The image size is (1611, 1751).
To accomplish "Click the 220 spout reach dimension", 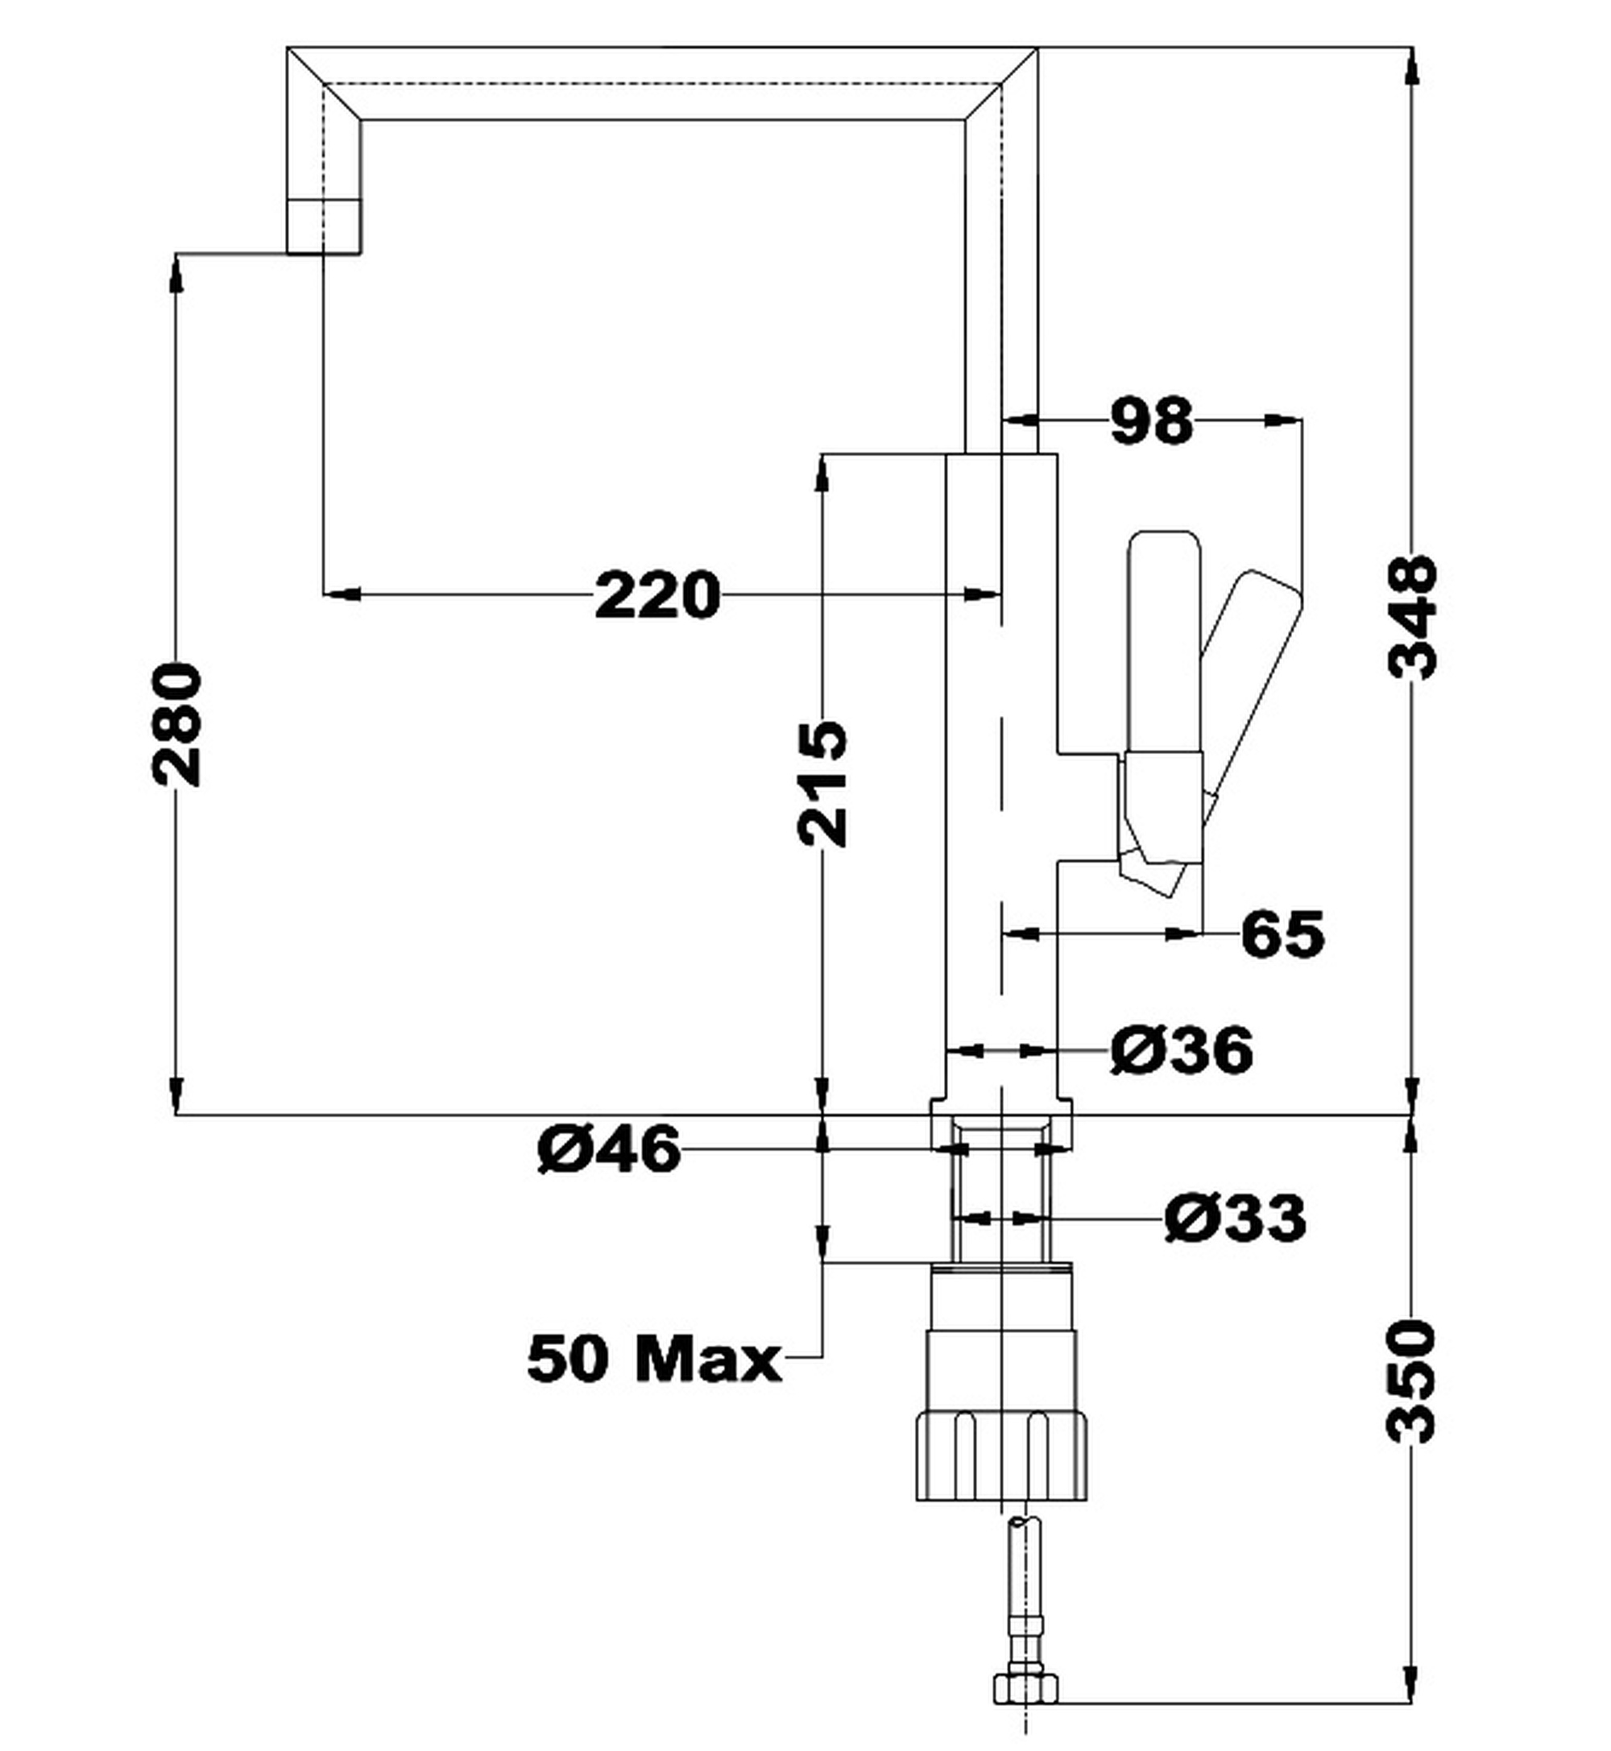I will pyautogui.click(x=657, y=595).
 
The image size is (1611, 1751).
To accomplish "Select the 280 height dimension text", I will pyautogui.click(x=177, y=724).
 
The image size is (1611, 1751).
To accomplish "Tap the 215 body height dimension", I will pyautogui.click(x=822, y=783).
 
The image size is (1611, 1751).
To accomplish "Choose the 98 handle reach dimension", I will pyautogui.click(x=1152, y=421).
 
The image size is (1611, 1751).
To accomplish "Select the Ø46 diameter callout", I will pyautogui.click(x=608, y=1149).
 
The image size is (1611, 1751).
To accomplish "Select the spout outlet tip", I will pyautogui.click(x=324, y=226).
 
